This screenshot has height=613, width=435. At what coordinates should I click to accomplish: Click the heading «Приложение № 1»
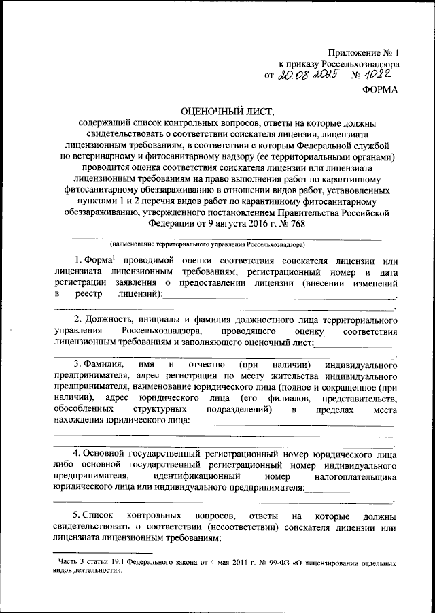pos(365,52)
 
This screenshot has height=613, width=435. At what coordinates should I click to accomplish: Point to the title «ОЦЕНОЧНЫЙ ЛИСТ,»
pos(217,110)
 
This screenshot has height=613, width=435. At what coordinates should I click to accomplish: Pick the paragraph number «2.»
pos(79,320)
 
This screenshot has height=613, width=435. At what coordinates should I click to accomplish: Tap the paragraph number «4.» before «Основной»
pos(79,452)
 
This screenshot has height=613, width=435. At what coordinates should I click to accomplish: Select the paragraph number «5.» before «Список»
pos(79,514)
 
